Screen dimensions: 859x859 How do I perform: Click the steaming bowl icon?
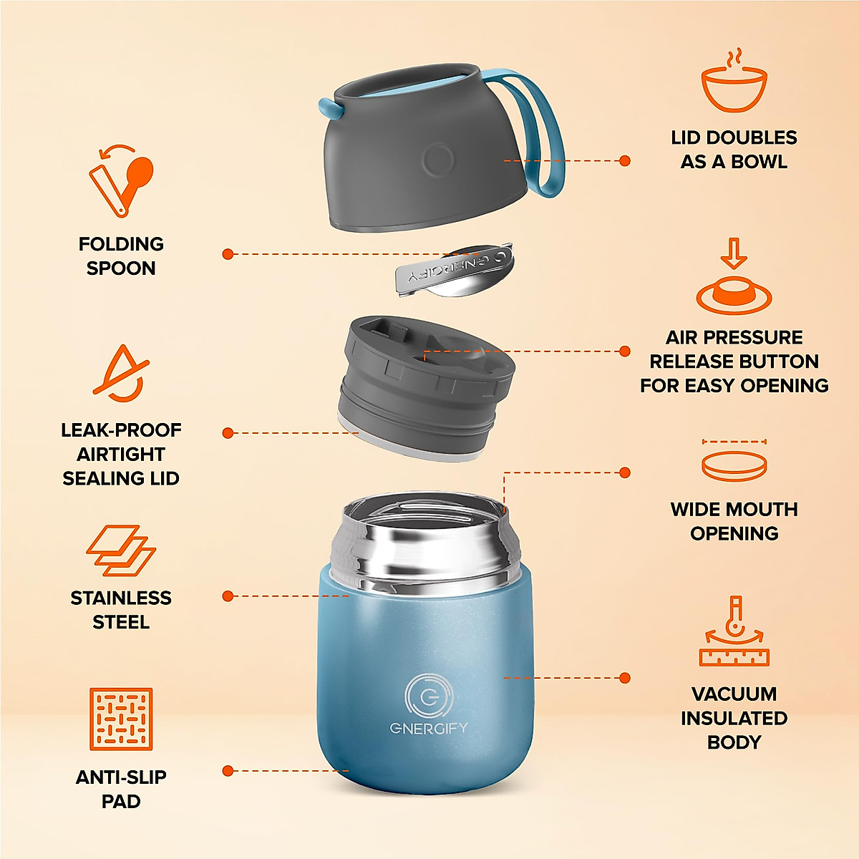(x=734, y=84)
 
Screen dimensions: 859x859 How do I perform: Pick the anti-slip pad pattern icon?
(x=121, y=719)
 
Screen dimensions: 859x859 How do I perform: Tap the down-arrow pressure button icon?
(x=734, y=279)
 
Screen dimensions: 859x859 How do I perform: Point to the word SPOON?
(x=121, y=268)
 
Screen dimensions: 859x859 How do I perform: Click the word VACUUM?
(x=734, y=694)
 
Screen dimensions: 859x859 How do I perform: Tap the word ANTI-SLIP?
(x=121, y=777)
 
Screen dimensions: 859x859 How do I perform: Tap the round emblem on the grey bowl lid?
(x=437, y=160)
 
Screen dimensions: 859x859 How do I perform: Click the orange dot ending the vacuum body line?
(x=625, y=678)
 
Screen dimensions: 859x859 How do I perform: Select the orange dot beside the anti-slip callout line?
(x=228, y=771)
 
